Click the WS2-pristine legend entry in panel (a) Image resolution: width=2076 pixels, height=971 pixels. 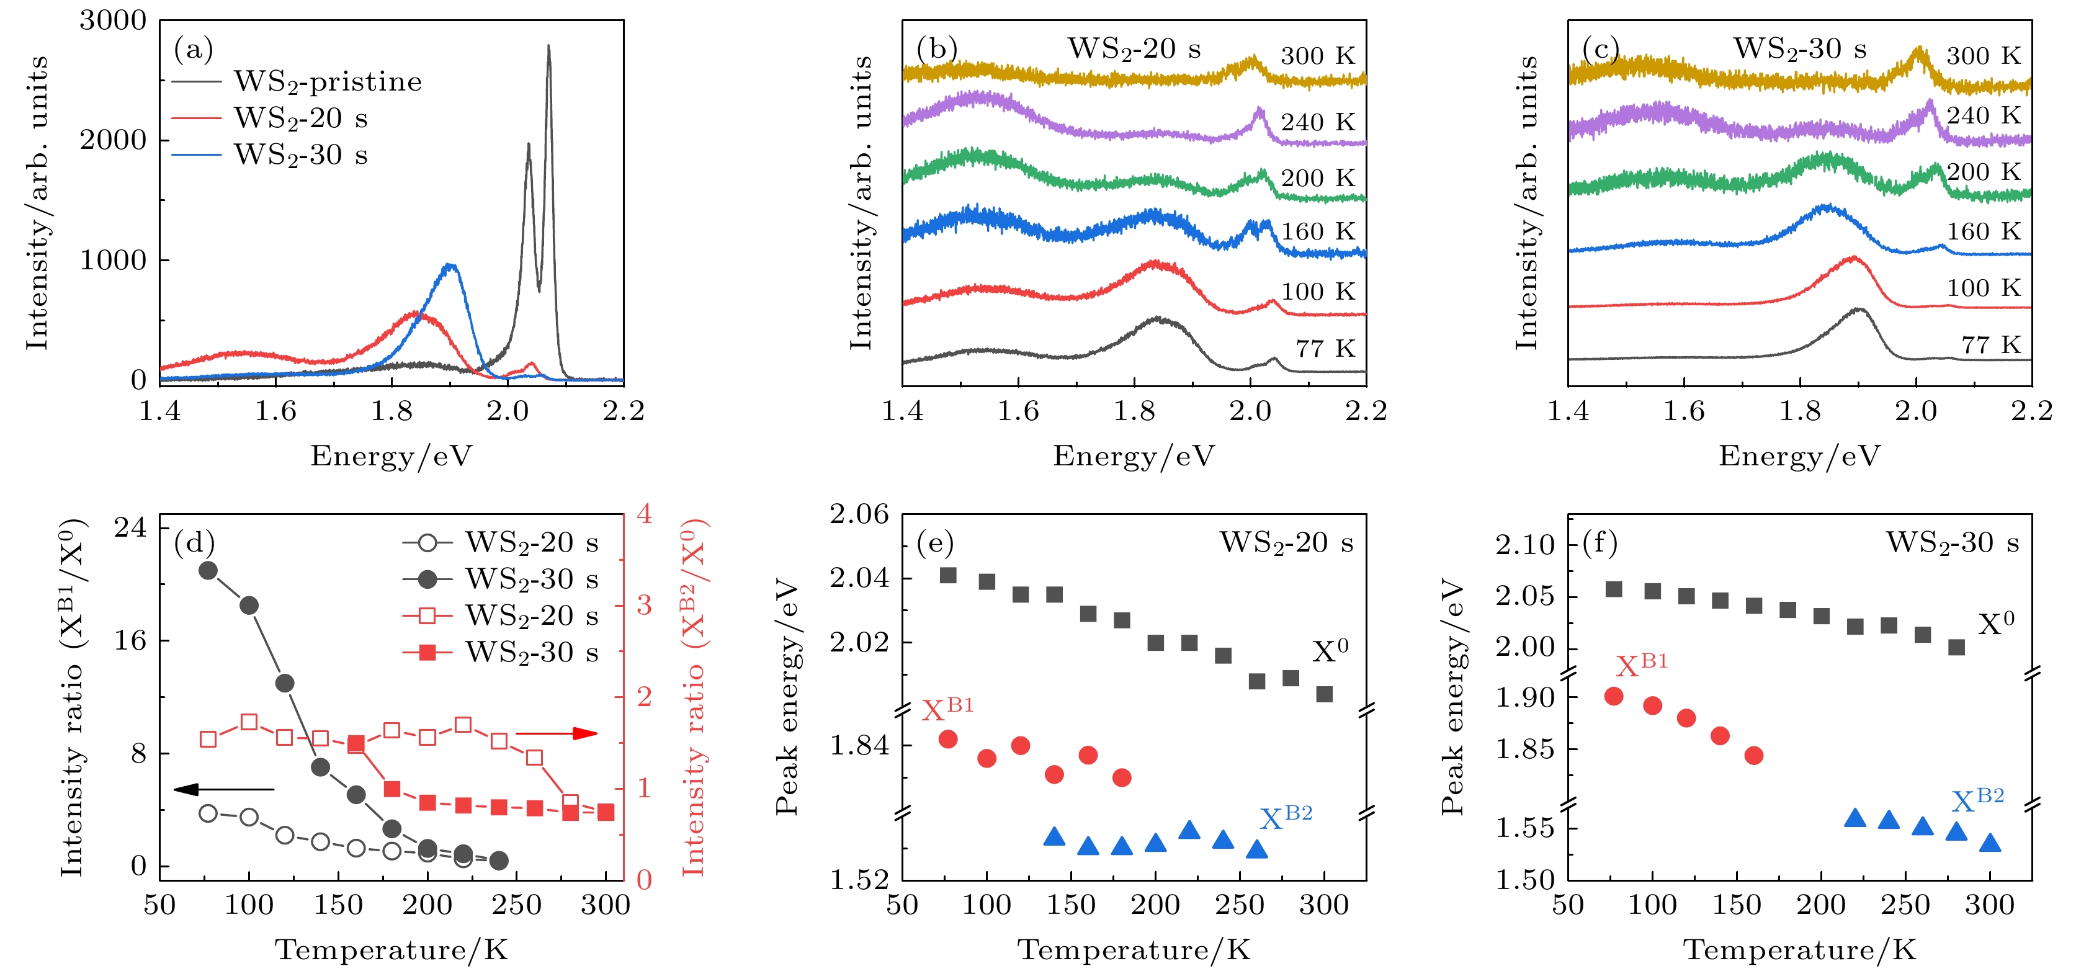click(327, 81)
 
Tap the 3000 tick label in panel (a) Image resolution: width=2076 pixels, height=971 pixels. click(113, 21)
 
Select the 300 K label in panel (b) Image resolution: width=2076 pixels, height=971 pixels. click(1318, 56)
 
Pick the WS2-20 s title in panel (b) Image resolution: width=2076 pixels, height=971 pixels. click(1134, 49)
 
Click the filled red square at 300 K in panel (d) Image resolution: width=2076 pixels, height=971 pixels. click(606, 812)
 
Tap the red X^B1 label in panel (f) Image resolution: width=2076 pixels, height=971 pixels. click(1641, 664)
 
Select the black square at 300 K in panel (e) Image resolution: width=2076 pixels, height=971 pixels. click(1324, 694)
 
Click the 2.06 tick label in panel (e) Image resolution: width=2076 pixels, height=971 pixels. click(859, 514)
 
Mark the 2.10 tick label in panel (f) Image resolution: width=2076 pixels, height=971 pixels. click(1525, 545)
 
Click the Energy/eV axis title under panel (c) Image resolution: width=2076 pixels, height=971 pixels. click(1799, 456)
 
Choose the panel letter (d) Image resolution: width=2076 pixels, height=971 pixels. click(194, 543)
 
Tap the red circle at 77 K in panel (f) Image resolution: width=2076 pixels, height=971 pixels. click(1613, 696)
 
